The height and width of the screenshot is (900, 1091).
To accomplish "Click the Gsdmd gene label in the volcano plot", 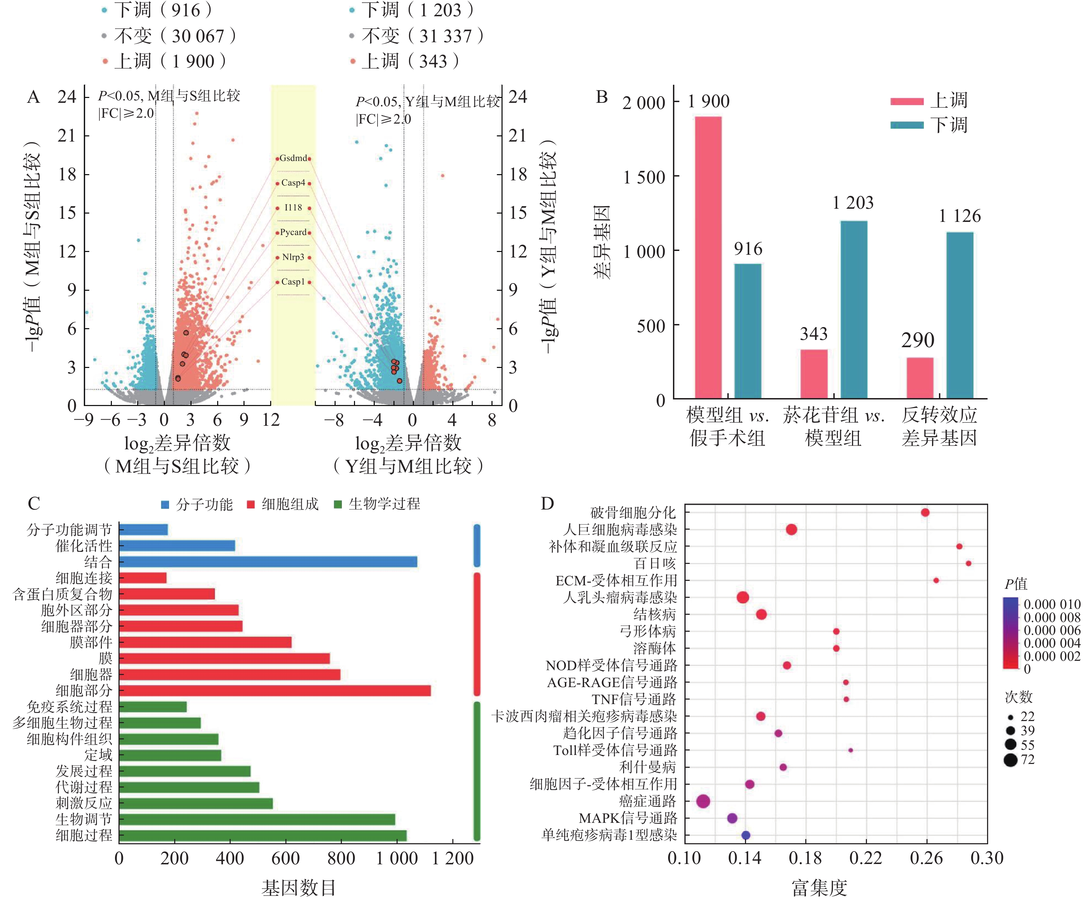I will pos(293,158).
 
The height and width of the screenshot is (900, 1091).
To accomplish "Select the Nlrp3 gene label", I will pos(293,257).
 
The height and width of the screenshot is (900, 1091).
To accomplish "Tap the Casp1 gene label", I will pos(293,282).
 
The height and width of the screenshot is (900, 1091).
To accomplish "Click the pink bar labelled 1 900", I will pos(708,257).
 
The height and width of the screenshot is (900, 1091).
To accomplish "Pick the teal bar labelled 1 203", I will pos(853,309).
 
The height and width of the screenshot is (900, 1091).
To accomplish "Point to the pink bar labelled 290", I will pos(920,378).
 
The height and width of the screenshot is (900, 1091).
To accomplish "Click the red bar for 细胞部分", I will pos(275,691).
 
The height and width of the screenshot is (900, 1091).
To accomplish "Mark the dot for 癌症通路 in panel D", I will pos(703,801).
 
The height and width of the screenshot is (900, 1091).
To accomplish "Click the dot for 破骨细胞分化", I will pos(925,513).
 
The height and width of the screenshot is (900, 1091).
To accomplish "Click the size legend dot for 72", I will pos(1010,760).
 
